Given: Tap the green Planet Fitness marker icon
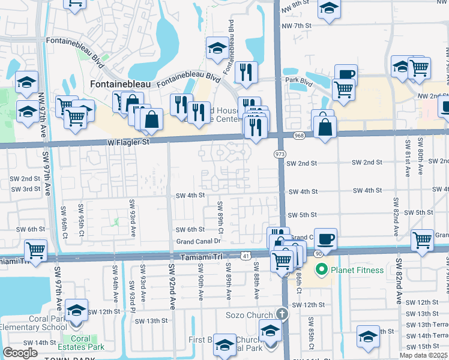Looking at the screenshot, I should [321, 270].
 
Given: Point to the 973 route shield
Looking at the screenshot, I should [280, 155].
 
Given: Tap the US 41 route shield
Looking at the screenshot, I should [246, 256].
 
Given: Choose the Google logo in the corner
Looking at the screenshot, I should [20, 353].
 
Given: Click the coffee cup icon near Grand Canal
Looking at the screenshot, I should [325, 238].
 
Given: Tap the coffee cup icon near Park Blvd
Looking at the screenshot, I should [346, 74].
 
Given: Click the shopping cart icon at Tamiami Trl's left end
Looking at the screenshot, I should [35, 248].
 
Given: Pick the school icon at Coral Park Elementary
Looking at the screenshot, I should [76, 310].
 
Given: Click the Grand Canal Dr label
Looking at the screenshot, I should [199, 242].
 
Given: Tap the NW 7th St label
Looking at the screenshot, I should [300, 25].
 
